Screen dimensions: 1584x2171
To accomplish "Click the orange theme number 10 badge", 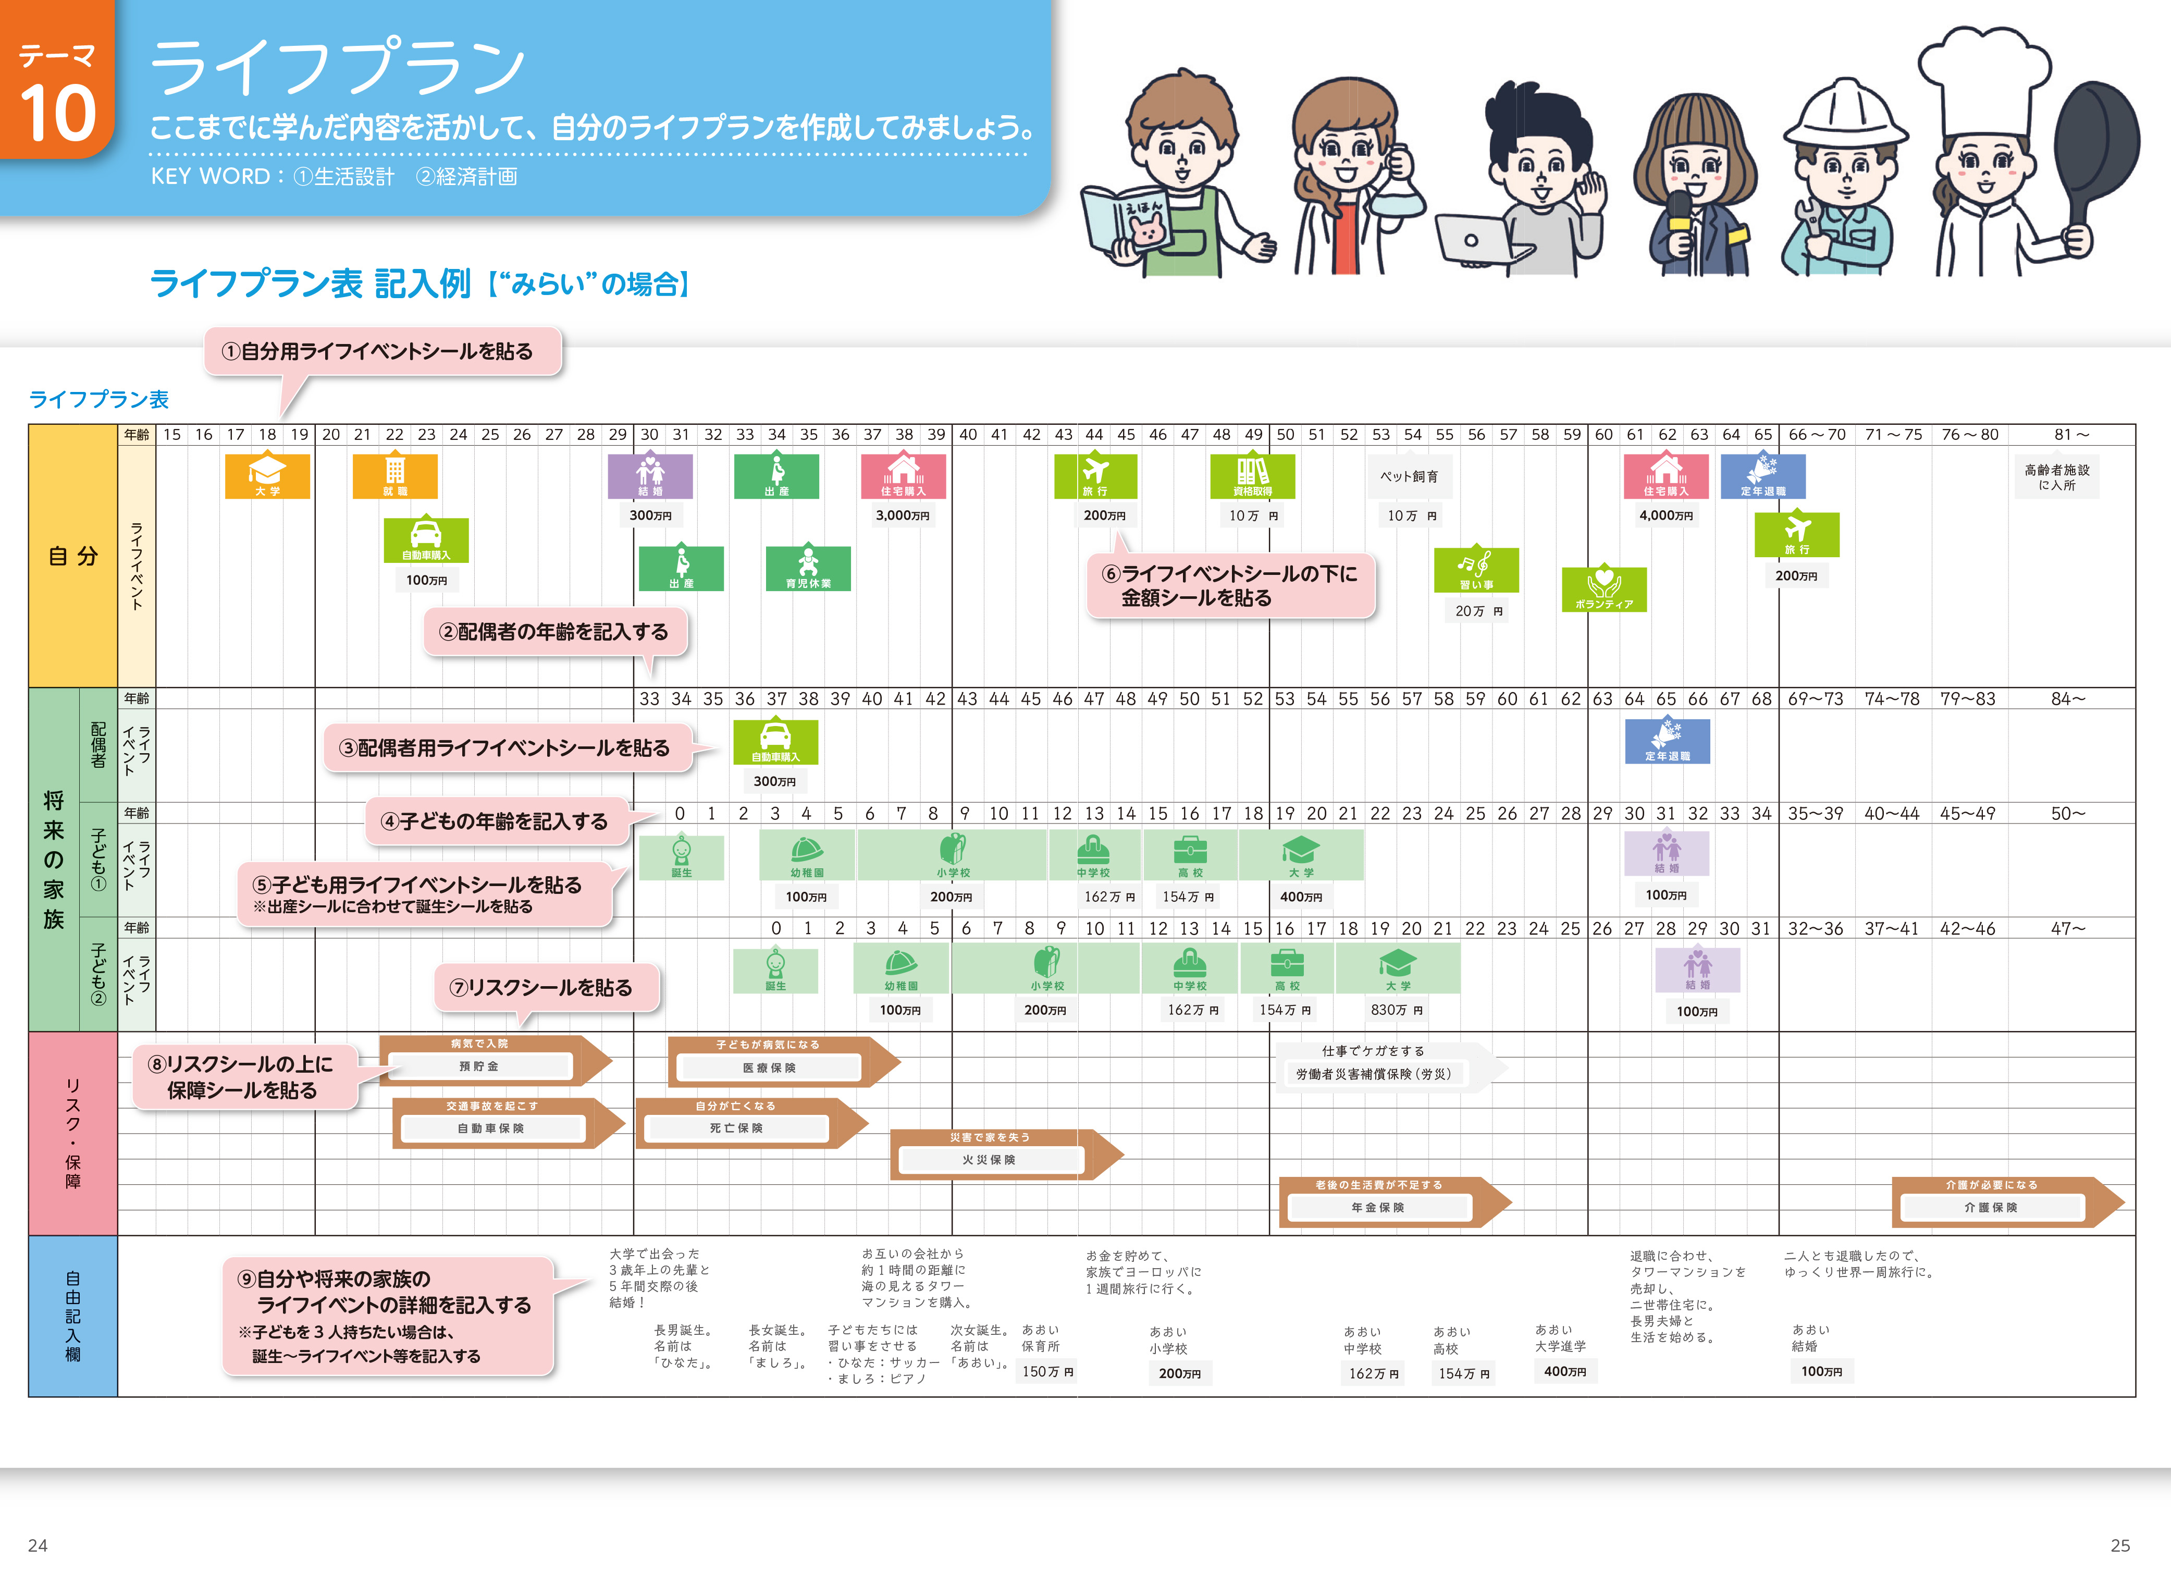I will click(x=57, y=91).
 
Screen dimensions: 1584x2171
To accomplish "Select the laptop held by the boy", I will click(x=1476, y=240).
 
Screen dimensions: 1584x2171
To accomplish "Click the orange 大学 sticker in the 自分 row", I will click(x=267, y=475).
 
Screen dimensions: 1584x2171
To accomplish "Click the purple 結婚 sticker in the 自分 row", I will click(x=650, y=475).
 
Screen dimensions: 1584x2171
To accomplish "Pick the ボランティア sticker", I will click(x=1603, y=589).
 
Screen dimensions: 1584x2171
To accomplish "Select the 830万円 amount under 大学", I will click(x=1397, y=1010).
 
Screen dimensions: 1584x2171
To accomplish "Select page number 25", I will click(x=2120, y=1545).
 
